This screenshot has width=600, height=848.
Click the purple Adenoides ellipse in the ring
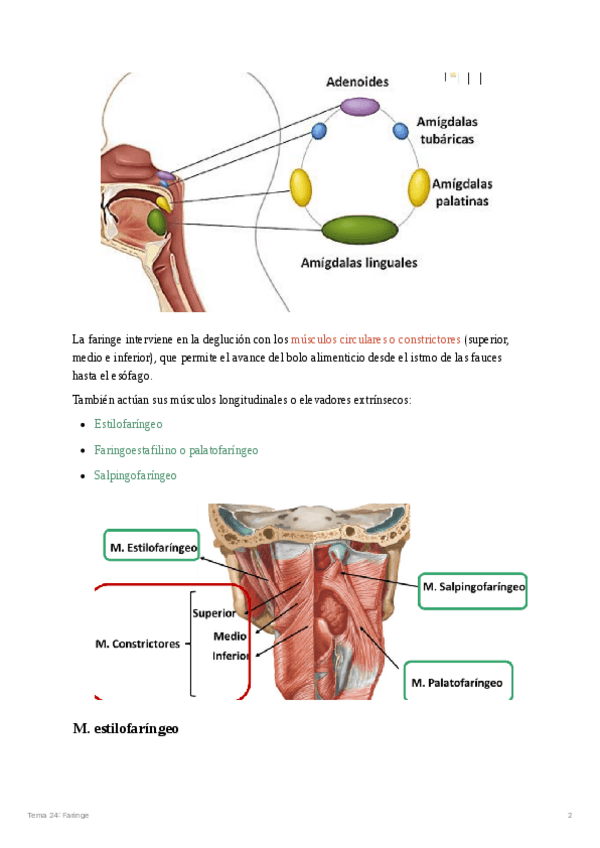[359, 106]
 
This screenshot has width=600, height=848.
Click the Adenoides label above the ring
[357, 80]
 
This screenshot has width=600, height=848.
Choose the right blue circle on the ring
[400, 130]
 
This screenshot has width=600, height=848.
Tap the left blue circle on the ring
[319, 130]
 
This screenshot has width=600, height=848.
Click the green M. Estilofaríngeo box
[152, 546]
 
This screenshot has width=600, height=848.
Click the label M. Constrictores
[136, 644]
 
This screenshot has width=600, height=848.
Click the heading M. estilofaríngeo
[125, 729]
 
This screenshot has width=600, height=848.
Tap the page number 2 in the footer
[569, 816]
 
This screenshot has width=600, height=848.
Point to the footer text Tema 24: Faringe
[58, 816]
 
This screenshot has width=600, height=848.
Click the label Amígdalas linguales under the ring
[359, 264]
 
